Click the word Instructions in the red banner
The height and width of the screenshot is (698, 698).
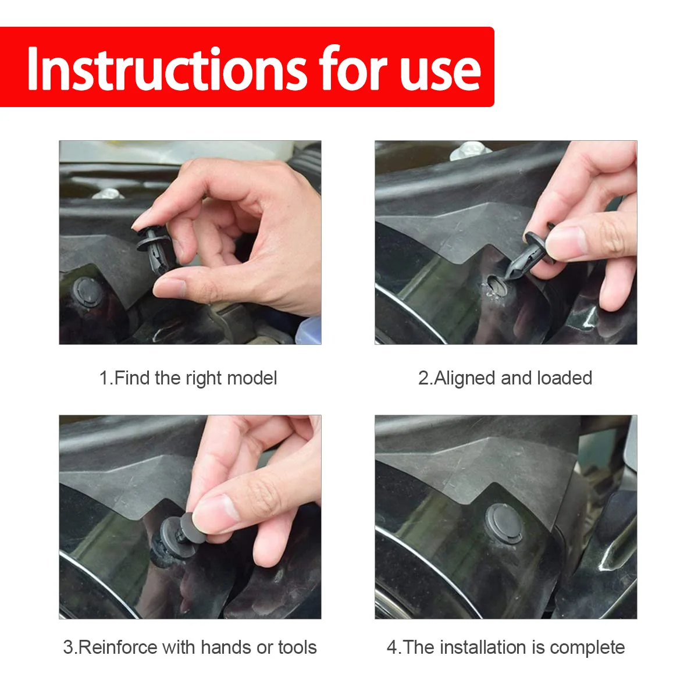168,69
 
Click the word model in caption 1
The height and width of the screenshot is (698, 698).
252,378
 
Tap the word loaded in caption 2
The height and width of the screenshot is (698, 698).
564,378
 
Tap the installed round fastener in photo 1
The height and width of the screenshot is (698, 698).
87,292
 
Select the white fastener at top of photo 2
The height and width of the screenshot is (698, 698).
469,151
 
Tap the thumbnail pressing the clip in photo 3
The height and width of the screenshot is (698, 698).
216,513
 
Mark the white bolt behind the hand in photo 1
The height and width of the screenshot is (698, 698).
108,194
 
